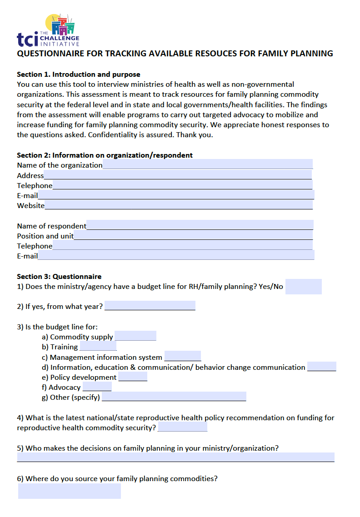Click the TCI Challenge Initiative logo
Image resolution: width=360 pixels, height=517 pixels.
click(x=48, y=30)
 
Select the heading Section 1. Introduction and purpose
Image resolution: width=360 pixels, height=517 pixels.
click(x=79, y=74)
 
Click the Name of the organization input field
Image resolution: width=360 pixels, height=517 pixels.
click(x=208, y=164)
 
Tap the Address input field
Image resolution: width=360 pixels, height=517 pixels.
click(x=178, y=175)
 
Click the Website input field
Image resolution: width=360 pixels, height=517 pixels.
click(x=179, y=205)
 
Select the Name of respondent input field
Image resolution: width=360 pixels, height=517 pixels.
click(x=200, y=225)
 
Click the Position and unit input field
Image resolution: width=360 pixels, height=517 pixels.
click(x=193, y=235)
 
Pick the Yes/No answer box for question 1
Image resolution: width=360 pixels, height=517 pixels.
click(x=303, y=287)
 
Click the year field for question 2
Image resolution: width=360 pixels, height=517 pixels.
click(x=150, y=306)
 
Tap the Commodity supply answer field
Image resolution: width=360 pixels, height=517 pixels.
click(x=135, y=336)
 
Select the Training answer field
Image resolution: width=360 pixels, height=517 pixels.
click(x=98, y=346)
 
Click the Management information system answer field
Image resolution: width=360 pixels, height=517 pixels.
click(x=182, y=357)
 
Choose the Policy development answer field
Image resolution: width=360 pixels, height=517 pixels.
click(x=132, y=377)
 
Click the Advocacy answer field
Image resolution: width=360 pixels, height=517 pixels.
click(x=97, y=387)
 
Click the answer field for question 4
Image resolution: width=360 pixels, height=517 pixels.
click(x=182, y=427)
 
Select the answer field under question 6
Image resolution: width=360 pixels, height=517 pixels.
click(x=70, y=491)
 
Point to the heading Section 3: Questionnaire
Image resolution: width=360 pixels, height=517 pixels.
click(x=59, y=276)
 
